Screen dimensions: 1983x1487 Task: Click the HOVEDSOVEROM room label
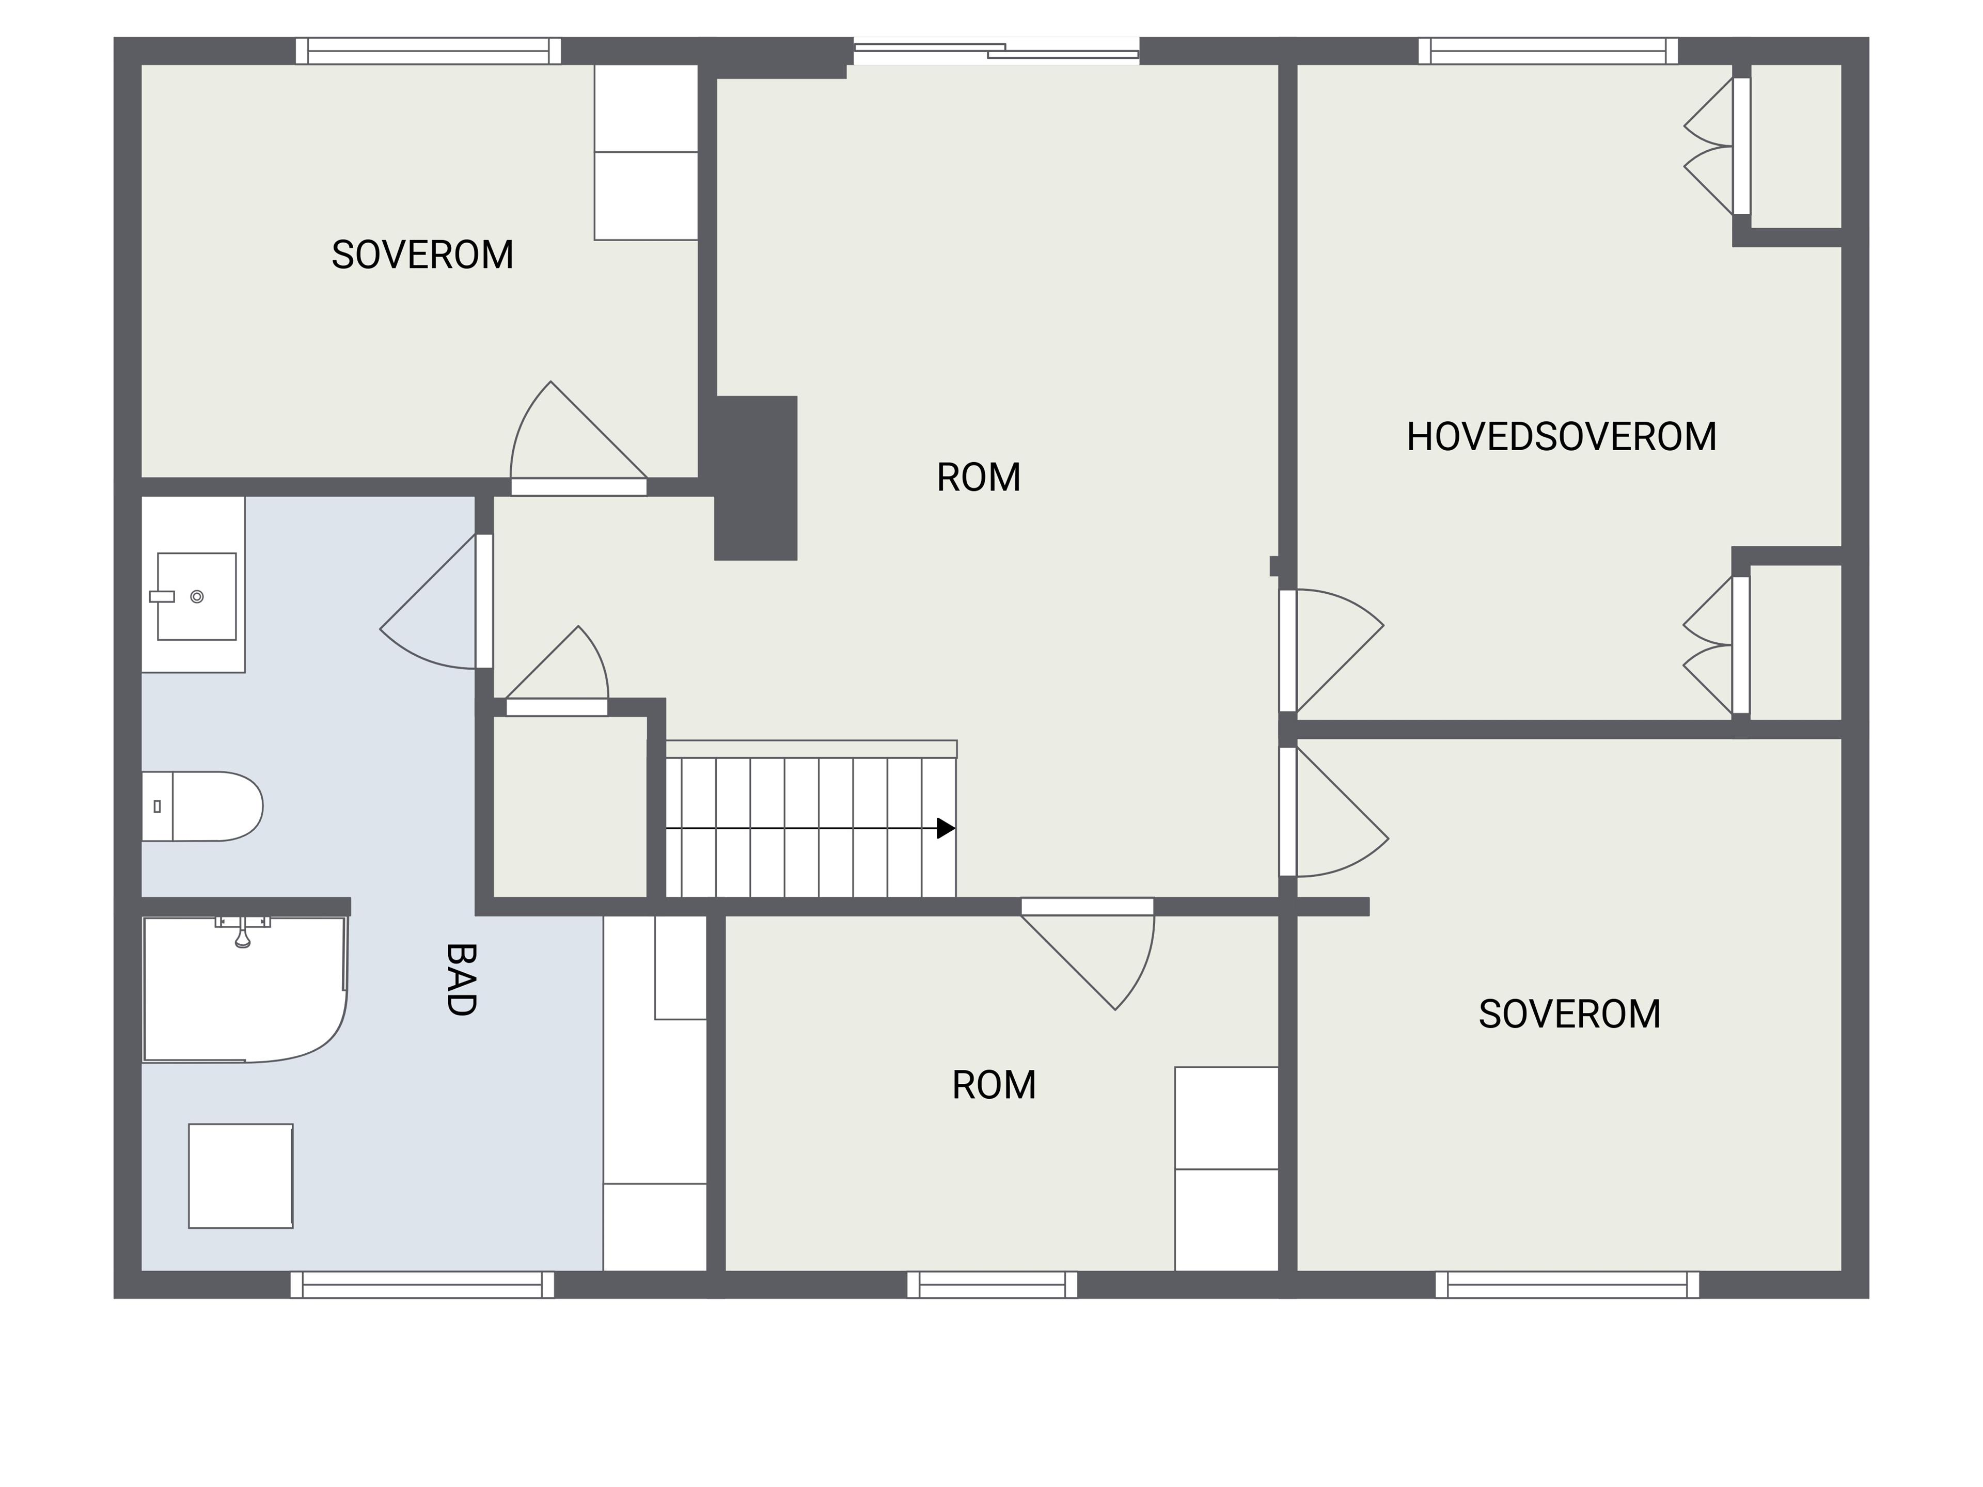coord(1561,436)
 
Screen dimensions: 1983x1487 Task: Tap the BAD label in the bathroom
coord(460,979)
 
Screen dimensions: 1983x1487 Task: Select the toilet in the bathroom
coord(202,806)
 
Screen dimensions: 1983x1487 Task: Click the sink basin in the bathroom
coord(196,596)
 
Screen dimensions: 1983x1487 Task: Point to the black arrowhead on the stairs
coord(946,828)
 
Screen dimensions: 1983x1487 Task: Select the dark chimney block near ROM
coord(756,478)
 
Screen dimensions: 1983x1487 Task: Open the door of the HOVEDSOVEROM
coord(1331,651)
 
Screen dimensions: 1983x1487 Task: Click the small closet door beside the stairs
coord(557,671)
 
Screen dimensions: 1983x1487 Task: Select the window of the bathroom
coord(422,1285)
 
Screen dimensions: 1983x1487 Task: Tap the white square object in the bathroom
coord(240,1176)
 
